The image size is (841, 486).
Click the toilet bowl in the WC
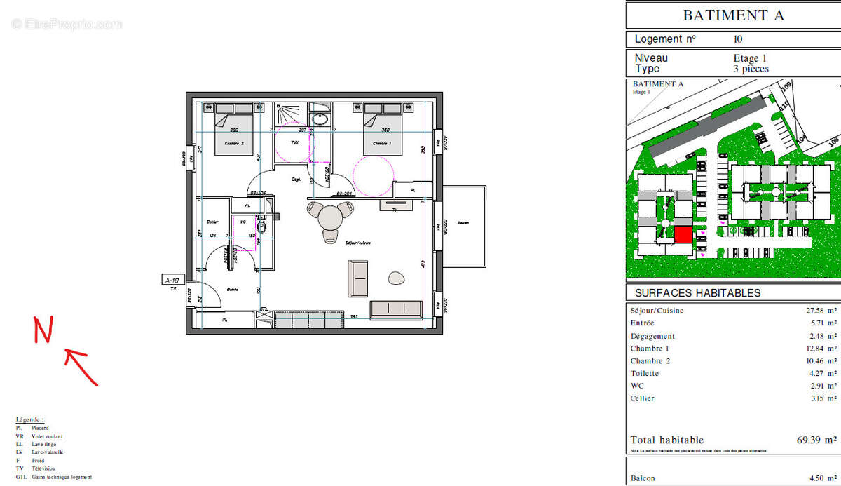coord(262,227)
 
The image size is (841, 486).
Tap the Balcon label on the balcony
coord(463,224)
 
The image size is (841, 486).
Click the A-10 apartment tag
coord(172,280)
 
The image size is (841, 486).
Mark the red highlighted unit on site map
coord(683,234)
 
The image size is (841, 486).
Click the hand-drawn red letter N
coord(43,330)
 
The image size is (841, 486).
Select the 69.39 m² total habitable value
coord(816,440)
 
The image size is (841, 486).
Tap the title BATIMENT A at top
coord(733,15)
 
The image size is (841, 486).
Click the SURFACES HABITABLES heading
coord(697,293)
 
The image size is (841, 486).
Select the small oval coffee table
coord(397,278)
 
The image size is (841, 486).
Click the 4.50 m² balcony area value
coord(821,478)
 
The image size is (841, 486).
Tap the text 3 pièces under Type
coord(751,69)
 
